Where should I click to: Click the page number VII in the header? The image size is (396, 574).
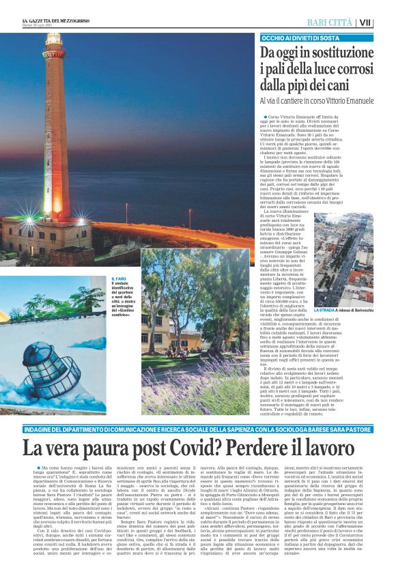pyautogui.click(x=385, y=23)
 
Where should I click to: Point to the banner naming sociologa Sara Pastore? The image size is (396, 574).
pyautogui.click(x=198, y=427)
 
